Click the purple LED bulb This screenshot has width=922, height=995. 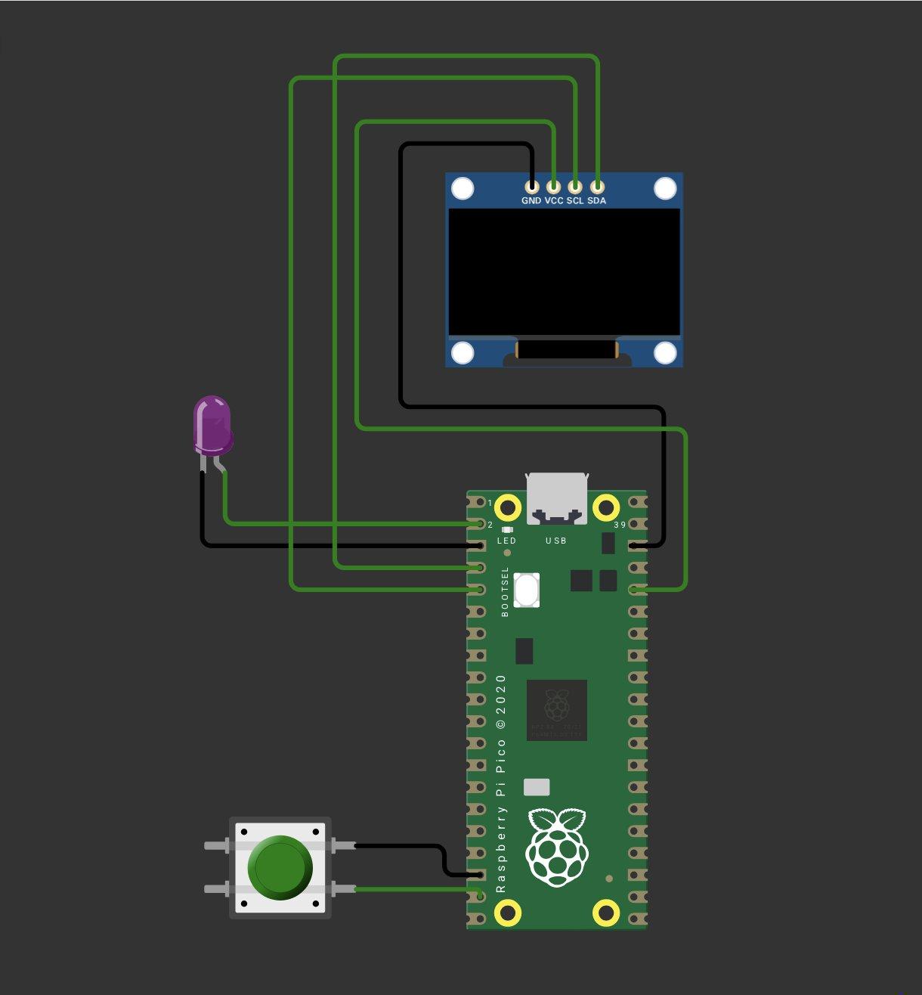coord(212,425)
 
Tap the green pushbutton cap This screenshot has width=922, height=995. coord(280,867)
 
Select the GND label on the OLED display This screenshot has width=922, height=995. coord(531,201)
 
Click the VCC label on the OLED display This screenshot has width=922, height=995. coord(554,201)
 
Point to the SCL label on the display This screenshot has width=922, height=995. coord(575,201)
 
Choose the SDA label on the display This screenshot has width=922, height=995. coord(597,201)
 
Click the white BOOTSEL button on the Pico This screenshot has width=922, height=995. coord(527,590)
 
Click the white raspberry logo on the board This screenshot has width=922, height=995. coord(557,846)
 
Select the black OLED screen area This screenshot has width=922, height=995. coord(565,272)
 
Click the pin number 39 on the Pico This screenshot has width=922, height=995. coord(620,525)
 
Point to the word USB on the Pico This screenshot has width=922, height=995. coord(556,541)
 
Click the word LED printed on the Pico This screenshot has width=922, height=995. coord(506,541)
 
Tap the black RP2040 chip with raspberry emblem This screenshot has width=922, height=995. coord(557,710)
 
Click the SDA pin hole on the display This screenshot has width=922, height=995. coord(597,185)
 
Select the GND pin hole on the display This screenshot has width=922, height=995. coord(532,185)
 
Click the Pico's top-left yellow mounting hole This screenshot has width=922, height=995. coord(508,505)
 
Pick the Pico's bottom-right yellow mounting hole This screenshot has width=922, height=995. coord(606,913)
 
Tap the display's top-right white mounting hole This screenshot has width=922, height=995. coord(665,188)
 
